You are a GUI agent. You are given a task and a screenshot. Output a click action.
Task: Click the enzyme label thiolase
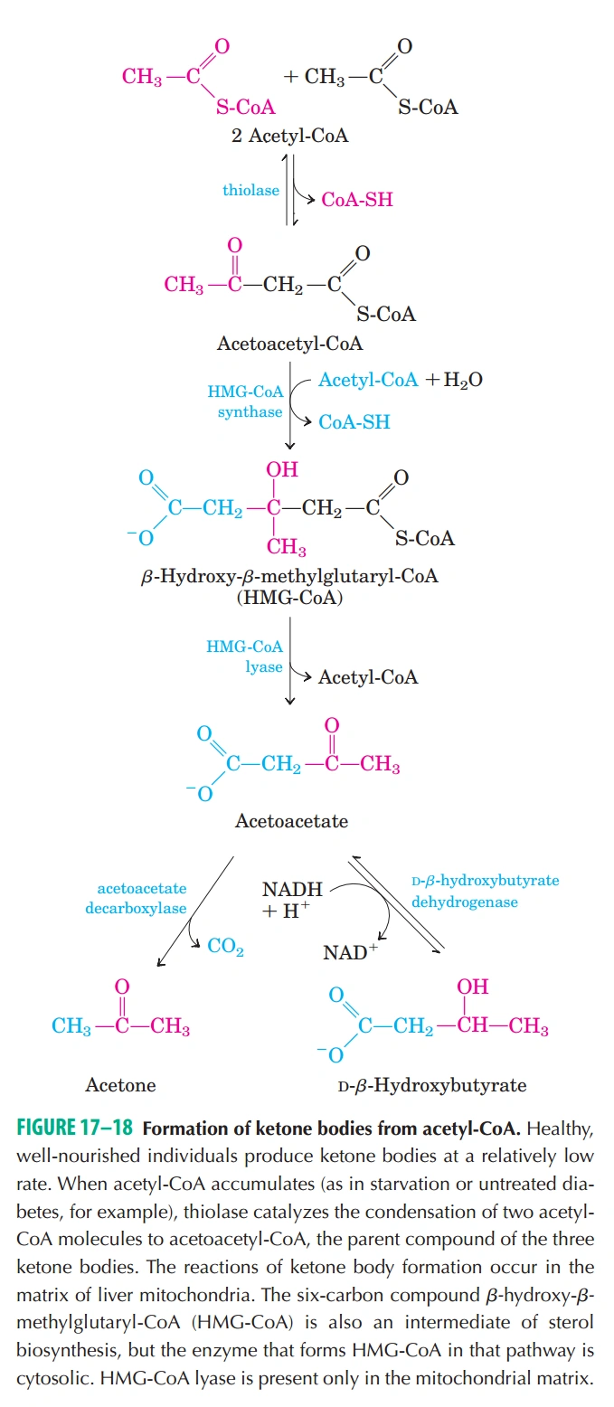click(250, 190)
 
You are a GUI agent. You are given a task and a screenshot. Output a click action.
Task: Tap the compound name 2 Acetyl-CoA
click(289, 136)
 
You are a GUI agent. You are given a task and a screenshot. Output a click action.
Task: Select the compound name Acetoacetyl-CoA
click(289, 344)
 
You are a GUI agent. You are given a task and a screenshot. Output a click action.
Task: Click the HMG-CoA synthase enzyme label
click(246, 401)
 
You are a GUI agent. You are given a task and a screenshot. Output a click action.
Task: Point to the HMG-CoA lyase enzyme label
click(245, 656)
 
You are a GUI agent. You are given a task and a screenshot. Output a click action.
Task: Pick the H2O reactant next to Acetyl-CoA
click(463, 380)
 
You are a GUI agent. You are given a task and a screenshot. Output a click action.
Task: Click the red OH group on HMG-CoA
click(281, 469)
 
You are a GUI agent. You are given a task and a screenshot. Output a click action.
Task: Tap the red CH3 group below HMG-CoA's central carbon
click(287, 547)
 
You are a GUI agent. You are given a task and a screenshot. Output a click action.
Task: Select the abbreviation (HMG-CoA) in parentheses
click(289, 598)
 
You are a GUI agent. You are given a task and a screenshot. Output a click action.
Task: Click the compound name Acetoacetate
click(291, 821)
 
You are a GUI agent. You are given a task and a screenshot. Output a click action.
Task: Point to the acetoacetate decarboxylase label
click(137, 898)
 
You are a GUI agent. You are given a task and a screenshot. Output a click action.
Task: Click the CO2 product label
click(225, 946)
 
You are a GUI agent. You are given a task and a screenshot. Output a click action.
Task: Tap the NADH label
click(292, 890)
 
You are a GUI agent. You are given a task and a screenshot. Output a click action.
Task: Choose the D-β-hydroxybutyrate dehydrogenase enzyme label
click(486, 892)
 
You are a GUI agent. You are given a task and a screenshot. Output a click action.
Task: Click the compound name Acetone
click(120, 1085)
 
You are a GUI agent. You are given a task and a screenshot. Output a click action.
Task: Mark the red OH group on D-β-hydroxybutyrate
click(473, 987)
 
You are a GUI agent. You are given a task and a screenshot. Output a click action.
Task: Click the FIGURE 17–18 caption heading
click(75, 1128)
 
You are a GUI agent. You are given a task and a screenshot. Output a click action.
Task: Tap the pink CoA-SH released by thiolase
click(357, 200)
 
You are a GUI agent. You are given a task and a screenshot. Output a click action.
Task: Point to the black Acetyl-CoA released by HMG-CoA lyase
click(368, 677)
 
